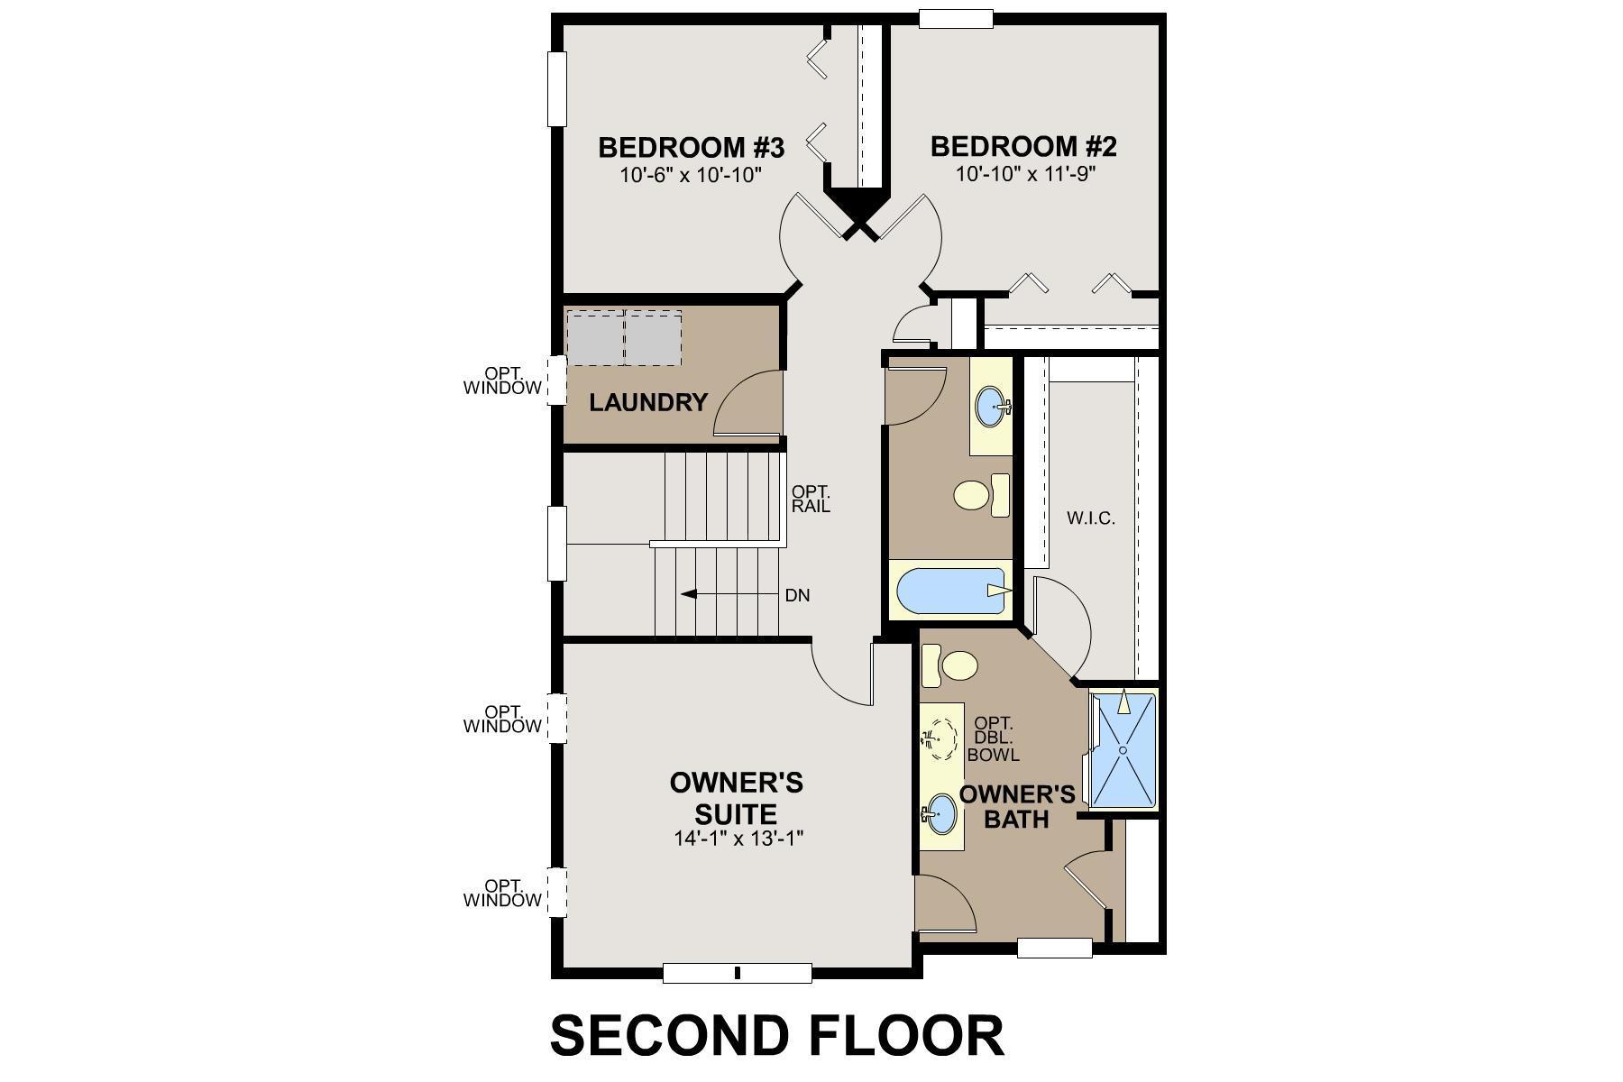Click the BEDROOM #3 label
[691, 147]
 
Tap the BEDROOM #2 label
[1023, 147]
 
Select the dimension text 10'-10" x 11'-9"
[1025, 174]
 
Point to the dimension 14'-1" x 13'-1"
[738, 839]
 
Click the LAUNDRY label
[647, 402]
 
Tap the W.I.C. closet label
[1090, 518]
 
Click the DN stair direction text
[797, 595]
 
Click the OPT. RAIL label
[810, 500]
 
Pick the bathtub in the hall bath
[951, 591]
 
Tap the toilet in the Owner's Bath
[954, 666]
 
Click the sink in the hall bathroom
[992, 407]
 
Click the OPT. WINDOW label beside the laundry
[502, 381]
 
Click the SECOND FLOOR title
[776, 1035]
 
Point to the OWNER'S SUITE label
[736, 797]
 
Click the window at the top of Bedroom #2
[956, 19]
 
